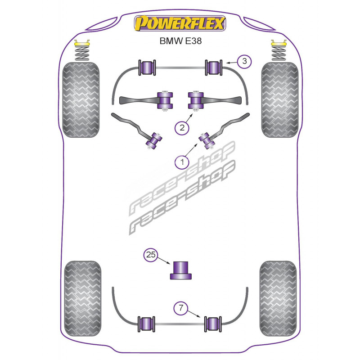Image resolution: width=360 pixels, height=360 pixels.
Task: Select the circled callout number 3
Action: point(243,61)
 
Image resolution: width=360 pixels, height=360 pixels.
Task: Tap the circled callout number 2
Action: point(182,128)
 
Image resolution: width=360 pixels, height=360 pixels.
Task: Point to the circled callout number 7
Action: point(181,308)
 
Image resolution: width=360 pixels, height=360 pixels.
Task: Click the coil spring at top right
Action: point(279,52)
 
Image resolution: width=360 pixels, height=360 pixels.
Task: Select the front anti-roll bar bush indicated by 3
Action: point(213,67)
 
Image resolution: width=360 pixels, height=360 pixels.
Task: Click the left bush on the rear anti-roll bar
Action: point(147,323)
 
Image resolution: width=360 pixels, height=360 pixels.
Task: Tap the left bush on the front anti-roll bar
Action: point(148,67)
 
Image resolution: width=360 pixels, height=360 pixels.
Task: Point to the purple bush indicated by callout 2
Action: point(195,99)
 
